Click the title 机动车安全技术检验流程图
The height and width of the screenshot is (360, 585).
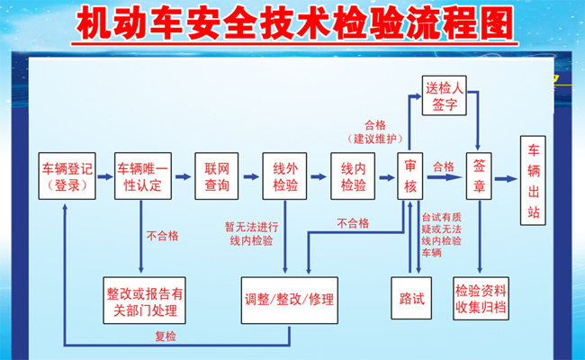click(x=294, y=23)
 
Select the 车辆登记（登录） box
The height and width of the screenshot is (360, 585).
click(x=67, y=176)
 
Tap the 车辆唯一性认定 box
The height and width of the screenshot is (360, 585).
click(x=143, y=176)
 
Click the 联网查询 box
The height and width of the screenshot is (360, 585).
click(x=216, y=176)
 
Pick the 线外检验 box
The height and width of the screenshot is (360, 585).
click(x=284, y=176)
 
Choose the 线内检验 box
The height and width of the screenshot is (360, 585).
click(x=353, y=176)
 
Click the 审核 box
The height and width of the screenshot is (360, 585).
click(x=410, y=176)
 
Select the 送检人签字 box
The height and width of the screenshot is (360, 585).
click(x=445, y=95)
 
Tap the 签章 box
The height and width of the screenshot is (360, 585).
click(x=479, y=176)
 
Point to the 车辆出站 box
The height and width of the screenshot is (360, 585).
click(x=533, y=181)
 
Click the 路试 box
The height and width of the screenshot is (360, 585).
click(x=411, y=298)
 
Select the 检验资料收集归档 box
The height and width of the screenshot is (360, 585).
click(x=481, y=299)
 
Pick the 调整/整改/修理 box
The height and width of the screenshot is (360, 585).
click(x=290, y=301)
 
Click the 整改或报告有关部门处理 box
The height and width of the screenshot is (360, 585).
click(x=144, y=301)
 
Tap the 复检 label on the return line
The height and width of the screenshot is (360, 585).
click(x=166, y=337)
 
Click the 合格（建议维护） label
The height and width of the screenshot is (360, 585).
click(x=375, y=132)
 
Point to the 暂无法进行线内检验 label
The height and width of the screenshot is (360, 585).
click(x=251, y=234)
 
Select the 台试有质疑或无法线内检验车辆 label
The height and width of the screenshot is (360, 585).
click(x=442, y=235)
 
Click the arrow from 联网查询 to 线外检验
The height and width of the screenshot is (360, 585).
click(x=251, y=176)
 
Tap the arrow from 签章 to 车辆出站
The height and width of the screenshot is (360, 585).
click(x=506, y=179)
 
